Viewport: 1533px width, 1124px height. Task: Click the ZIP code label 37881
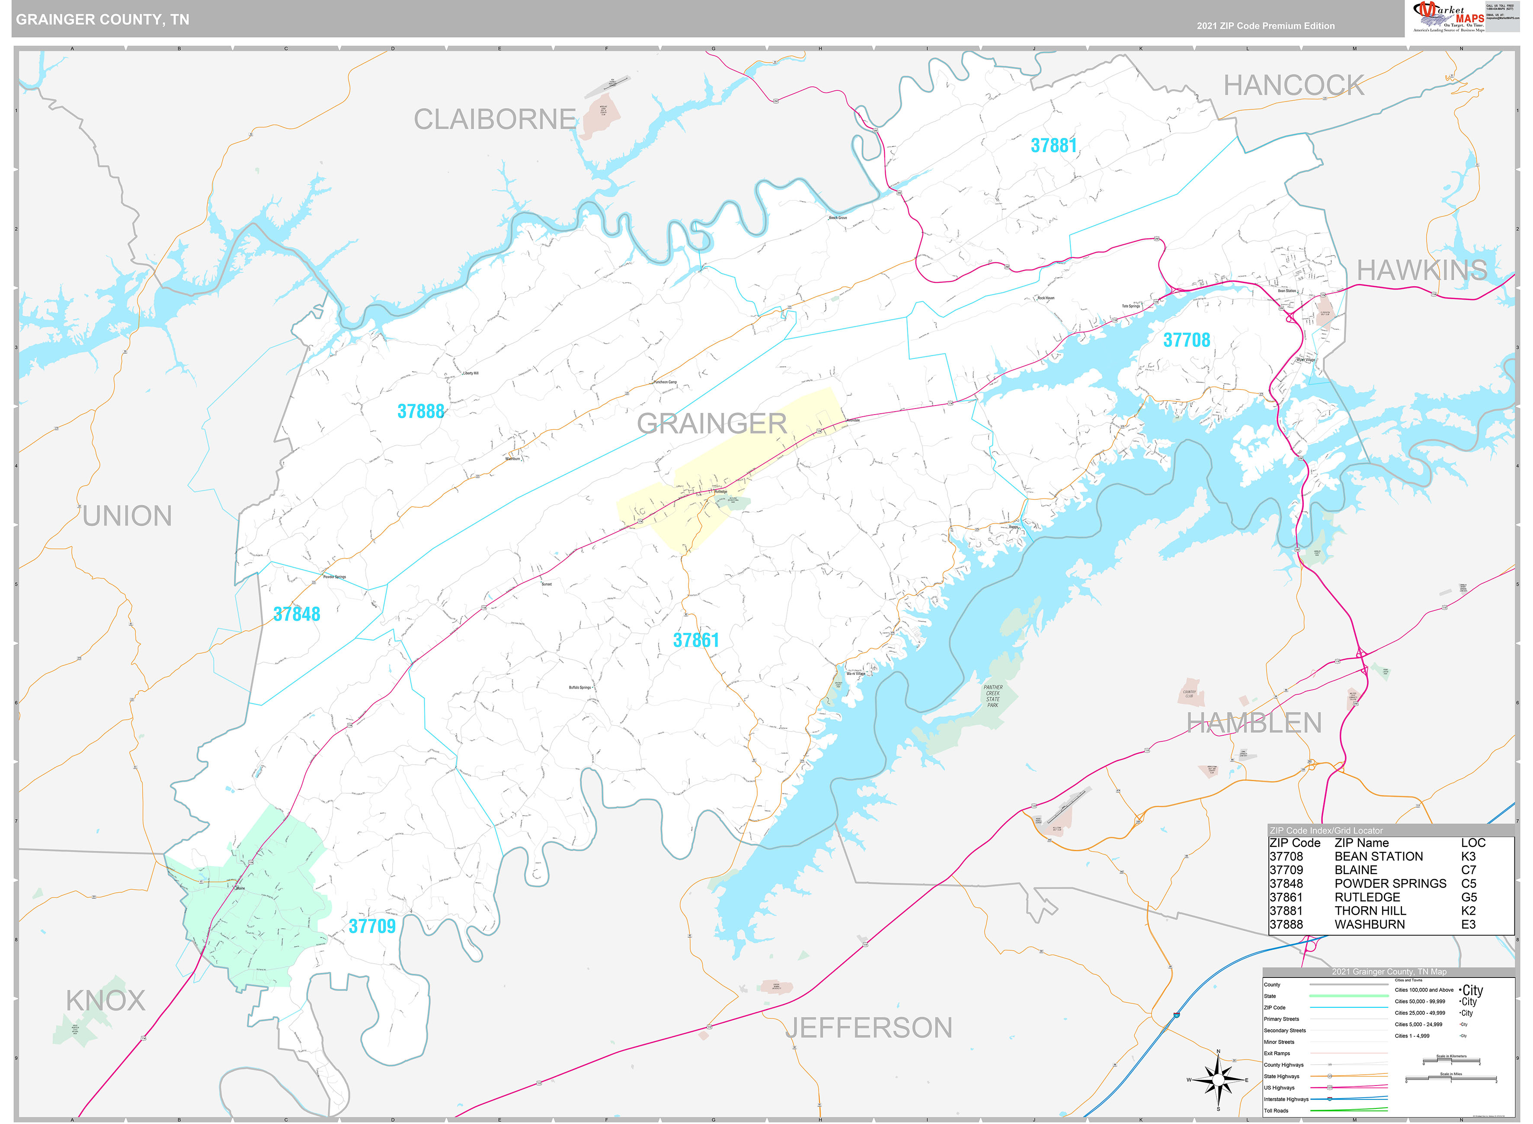(1053, 146)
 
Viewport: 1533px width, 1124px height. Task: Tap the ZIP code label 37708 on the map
(1186, 340)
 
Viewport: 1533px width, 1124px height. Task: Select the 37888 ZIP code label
(420, 412)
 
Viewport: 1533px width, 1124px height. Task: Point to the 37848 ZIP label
(297, 614)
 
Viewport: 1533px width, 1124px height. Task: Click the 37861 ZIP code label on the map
(695, 640)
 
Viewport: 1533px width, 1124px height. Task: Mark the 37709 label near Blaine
(371, 926)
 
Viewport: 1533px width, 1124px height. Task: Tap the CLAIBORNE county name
(495, 120)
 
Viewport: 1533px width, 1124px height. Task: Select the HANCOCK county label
(1293, 86)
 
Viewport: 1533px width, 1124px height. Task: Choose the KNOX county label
(106, 1000)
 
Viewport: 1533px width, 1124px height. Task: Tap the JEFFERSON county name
(868, 1028)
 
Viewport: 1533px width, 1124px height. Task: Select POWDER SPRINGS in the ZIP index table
(1390, 883)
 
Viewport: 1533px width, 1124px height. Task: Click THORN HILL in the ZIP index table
(1370, 910)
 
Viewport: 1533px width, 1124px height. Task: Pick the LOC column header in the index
(1472, 842)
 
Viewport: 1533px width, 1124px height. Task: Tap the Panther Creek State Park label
(993, 696)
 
